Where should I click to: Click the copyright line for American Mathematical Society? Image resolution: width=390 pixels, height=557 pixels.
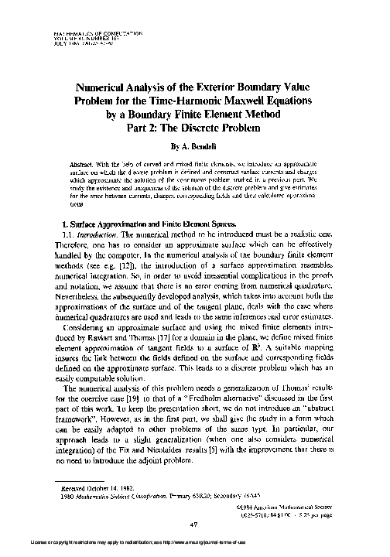pos(306,507)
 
